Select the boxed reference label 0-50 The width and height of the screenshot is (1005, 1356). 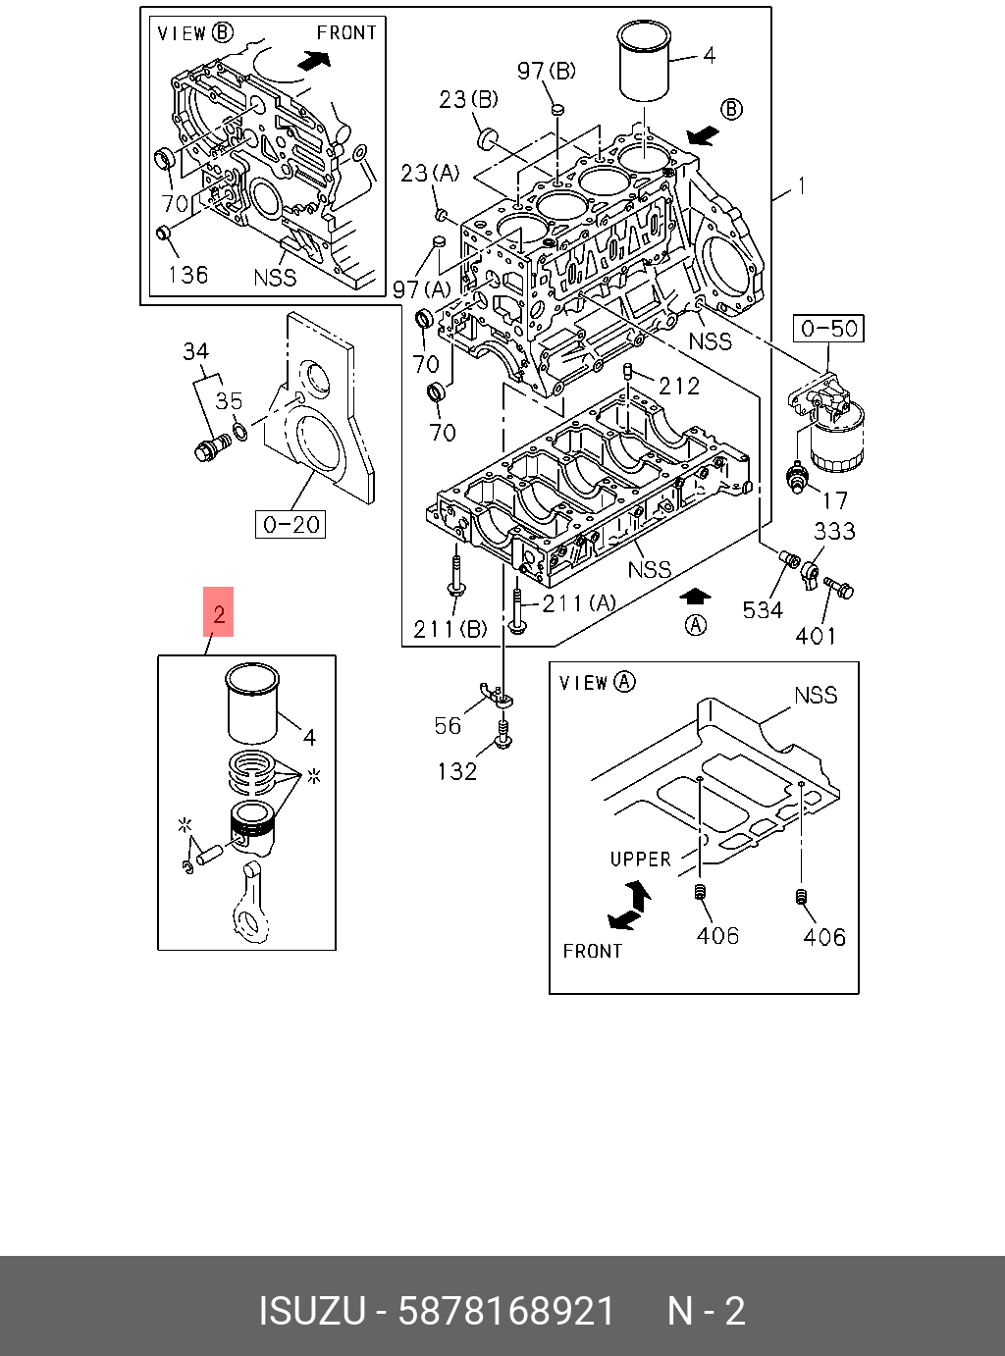tap(829, 329)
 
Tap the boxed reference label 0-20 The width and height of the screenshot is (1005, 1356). tap(291, 525)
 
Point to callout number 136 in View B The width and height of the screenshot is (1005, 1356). tap(187, 274)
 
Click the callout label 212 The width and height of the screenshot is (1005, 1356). tap(678, 387)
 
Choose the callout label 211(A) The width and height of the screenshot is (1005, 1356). tap(579, 602)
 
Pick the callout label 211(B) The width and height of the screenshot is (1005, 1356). tap(450, 629)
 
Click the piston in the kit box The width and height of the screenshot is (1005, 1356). tap(252, 825)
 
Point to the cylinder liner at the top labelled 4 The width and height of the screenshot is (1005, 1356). tap(644, 62)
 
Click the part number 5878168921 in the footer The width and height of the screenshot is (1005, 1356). tap(505, 1311)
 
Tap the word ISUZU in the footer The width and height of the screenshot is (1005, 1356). tap(311, 1311)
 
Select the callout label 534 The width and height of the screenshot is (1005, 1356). tap(763, 609)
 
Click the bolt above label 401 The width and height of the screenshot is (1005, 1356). tap(839, 588)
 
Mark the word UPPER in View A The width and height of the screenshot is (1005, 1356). tap(640, 859)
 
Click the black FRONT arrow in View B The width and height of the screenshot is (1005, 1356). tap(313, 61)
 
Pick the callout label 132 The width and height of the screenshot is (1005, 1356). tap(456, 771)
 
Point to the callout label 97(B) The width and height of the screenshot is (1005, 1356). tap(547, 71)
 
